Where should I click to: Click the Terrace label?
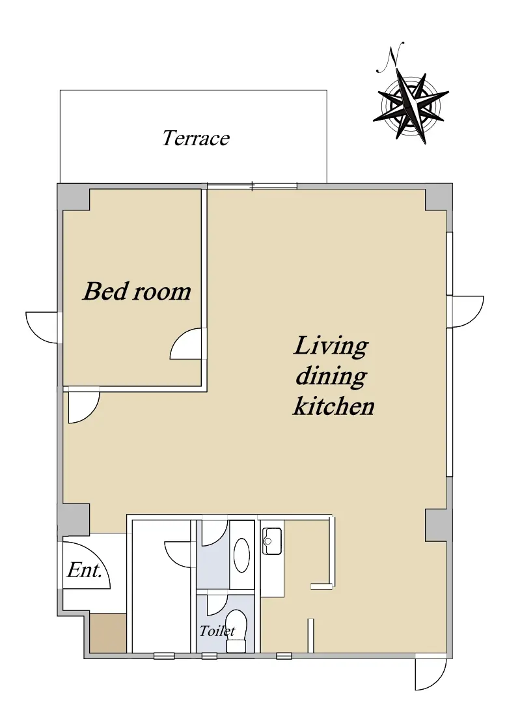coord(195,138)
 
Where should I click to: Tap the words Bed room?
coord(137,291)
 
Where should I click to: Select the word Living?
coord(331,347)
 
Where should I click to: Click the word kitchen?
coord(334,406)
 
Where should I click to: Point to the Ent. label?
coord(85,571)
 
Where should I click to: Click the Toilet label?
coord(217,631)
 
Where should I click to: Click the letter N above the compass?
coord(391,57)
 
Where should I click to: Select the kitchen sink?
coord(272,541)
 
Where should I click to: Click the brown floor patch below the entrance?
coord(108,632)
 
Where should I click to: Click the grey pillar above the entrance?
coord(74,520)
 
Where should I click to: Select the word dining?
coord(331,376)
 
